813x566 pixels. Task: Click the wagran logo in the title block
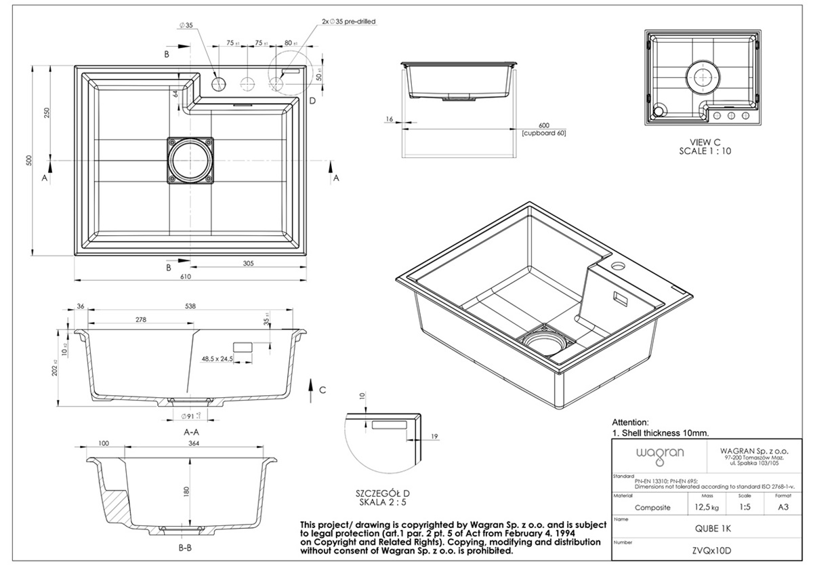pyautogui.click(x=650, y=452)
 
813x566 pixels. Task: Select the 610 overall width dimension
pyautogui.click(x=186, y=277)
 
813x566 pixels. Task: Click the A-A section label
pyautogui.click(x=190, y=431)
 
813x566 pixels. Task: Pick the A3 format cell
pyautogui.click(x=783, y=507)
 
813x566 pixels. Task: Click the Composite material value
pyautogui.click(x=652, y=507)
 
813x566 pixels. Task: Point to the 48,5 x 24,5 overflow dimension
pyautogui.click(x=217, y=358)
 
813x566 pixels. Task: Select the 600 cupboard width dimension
pyautogui.click(x=543, y=125)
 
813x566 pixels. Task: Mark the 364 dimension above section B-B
pyautogui.click(x=194, y=443)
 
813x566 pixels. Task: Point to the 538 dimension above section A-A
pyautogui.click(x=190, y=306)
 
